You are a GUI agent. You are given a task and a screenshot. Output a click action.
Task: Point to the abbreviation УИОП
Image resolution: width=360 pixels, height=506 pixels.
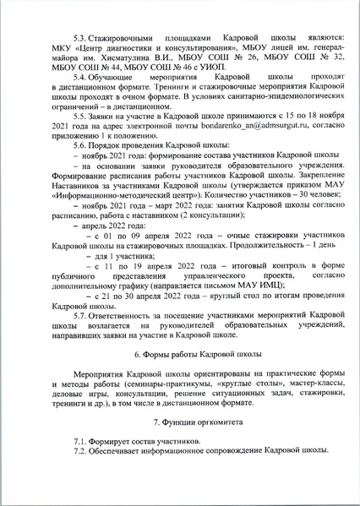[186, 85]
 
